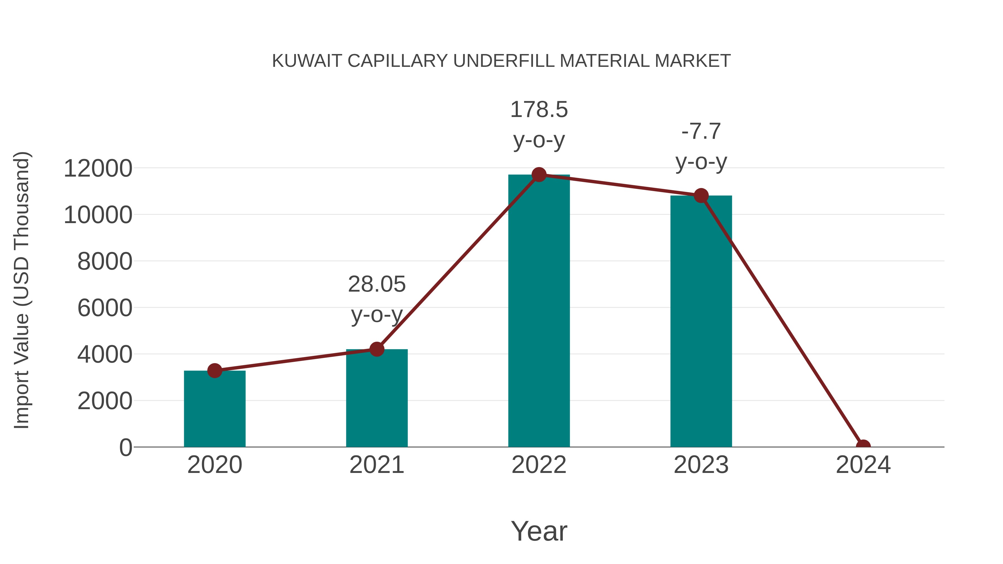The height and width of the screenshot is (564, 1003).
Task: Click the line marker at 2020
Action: [215, 370]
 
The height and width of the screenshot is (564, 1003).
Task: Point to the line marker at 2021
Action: [376, 349]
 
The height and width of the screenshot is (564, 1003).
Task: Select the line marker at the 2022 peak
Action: [539, 175]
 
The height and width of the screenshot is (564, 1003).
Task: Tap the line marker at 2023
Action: [701, 196]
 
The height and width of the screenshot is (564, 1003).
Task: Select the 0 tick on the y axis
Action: [125, 447]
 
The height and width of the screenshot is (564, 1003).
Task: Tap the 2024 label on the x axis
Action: [863, 465]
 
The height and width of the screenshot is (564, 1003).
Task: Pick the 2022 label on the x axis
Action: [539, 465]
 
